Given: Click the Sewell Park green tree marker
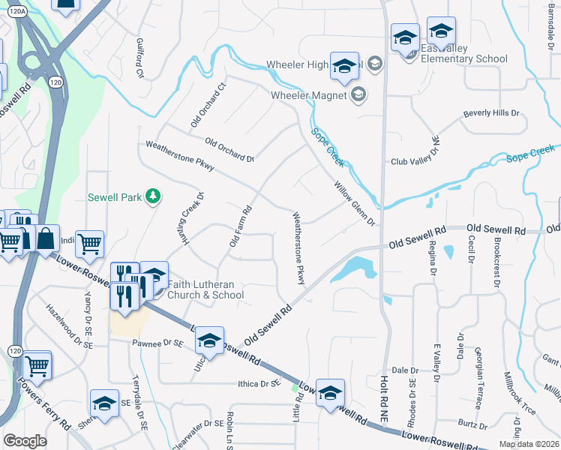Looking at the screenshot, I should point(153,196).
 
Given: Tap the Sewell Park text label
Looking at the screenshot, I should point(115,198).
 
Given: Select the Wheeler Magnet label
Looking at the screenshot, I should point(308,95).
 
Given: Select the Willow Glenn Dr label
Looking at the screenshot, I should point(354,202).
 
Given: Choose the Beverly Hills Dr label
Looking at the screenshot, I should point(491,113).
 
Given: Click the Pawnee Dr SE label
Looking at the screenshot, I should point(157,343).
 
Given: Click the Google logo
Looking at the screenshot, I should point(25,440).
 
